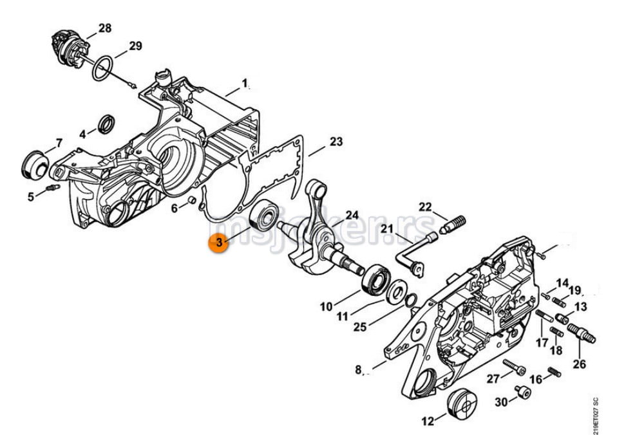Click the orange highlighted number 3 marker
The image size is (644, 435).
point(218,243)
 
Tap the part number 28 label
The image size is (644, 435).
point(105,28)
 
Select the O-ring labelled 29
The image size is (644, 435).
point(102,69)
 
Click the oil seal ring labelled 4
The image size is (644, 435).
point(106,125)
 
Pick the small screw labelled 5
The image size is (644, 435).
point(53,188)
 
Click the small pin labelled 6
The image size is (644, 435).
point(191,200)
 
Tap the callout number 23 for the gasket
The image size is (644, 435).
point(336,142)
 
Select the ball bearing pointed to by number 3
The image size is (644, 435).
point(264,215)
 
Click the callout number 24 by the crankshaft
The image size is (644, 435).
point(352,215)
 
